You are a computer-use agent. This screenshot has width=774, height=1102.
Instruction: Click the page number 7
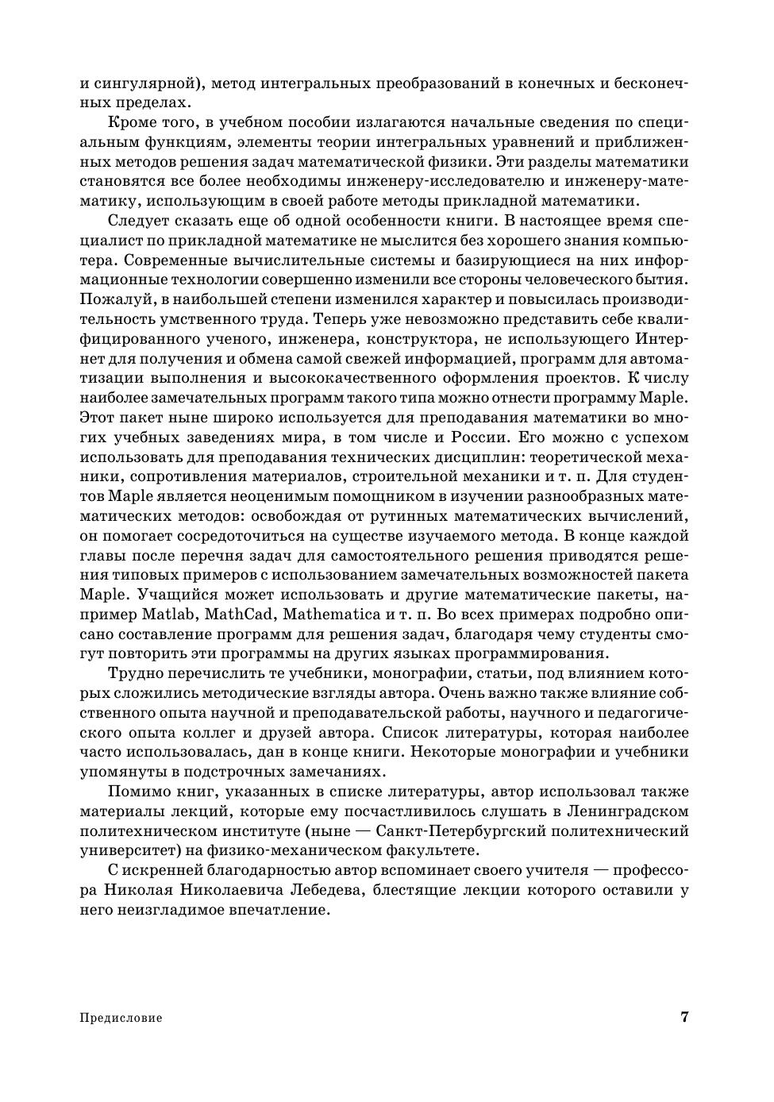click(x=684, y=1017)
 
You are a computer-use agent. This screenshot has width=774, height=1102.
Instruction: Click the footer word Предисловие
click(x=121, y=1018)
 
